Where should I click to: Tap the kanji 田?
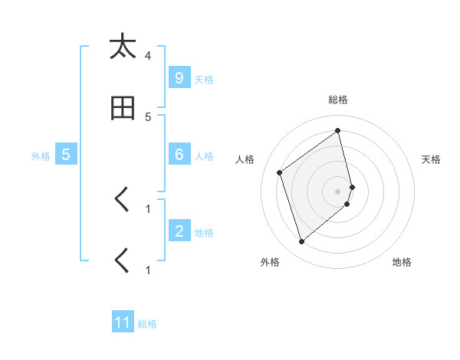pyautogui.click(x=123, y=108)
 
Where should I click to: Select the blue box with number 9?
pyautogui.click(x=179, y=77)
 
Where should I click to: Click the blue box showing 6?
pyautogui.click(x=179, y=155)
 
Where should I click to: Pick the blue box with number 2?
pyautogui.click(x=179, y=231)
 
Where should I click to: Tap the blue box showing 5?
pyautogui.click(x=66, y=155)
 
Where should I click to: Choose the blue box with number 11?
pyautogui.click(x=123, y=322)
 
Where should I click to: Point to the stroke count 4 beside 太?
pyautogui.click(x=148, y=56)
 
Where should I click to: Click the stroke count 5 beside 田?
pyautogui.click(x=148, y=116)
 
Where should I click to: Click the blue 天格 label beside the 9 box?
pyautogui.click(x=204, y=79)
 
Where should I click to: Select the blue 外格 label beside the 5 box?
pyautogui.click(x=41, y=156)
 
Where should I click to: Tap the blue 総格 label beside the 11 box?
pyautogui.click(x=147, y=324)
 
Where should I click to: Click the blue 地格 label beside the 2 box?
pyautogui.click(x=204, y=233)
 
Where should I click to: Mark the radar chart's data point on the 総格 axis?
pyautogui.click(x=338, y=131)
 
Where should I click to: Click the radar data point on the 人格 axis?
pyautogui.click(x=280, y=172)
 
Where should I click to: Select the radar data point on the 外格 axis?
pyautogui.click(x=301, y=242)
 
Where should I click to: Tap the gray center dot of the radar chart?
pyautogui.click(x=338, y=191)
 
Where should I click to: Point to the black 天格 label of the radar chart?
pyautogui.click(x=432, y=159)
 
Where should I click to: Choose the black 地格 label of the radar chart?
pyautogui.click(x=402, y=262)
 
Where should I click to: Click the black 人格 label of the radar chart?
pyautogui.click(x=245, y=159)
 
